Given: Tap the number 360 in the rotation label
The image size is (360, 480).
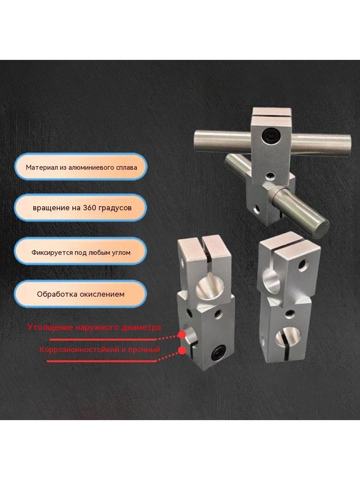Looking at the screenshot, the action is click(x=89, y=208).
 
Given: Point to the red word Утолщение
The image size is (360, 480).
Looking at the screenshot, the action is click(x=50, y=327).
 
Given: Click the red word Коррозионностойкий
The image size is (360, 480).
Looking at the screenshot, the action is click(x=79, y=349).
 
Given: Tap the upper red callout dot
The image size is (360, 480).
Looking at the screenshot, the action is click(x=182, y=335).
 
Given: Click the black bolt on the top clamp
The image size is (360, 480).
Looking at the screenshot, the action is click(x=270, y=134).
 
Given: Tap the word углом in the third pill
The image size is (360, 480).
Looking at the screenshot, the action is click(x=121, y=253).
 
